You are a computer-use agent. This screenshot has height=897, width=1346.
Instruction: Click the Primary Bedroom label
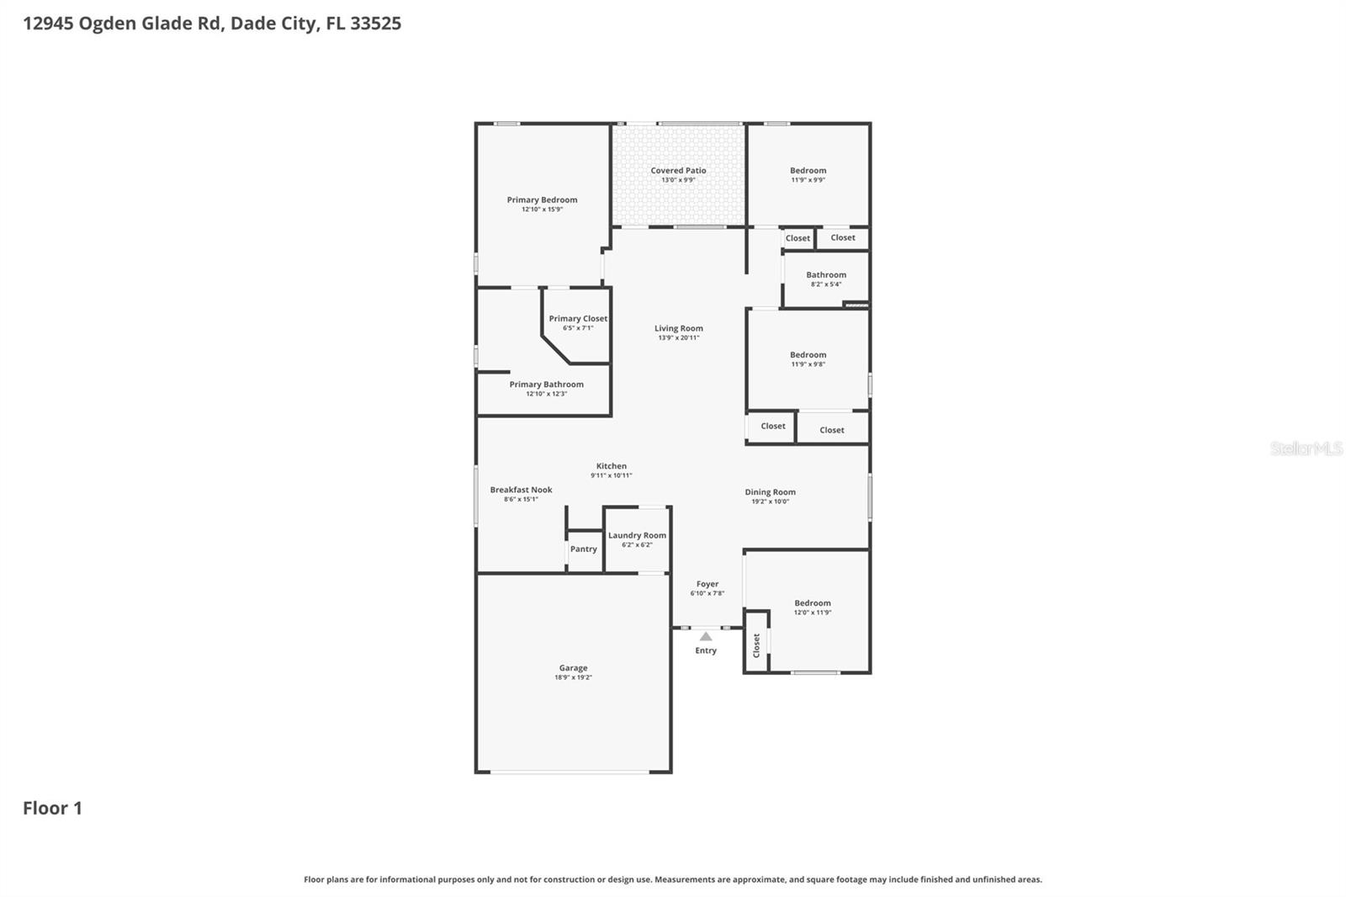tap(542, 199)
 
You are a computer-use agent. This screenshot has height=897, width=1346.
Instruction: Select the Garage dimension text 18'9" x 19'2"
tap(573, 677)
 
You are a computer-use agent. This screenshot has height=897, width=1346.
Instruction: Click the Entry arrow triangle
tap(706, 637)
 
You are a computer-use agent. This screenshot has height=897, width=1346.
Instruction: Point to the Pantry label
tap(583, 549)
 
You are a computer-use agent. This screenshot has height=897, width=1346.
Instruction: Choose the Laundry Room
tap(637, 539)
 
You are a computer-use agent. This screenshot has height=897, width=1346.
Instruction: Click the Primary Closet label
tap(578, 318)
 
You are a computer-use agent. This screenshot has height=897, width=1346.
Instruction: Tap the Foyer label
tap(707, 583)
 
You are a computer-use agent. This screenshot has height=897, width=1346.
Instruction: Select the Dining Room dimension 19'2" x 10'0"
tap(770, 502)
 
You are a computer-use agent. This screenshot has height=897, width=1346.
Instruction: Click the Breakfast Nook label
tap(521, 489)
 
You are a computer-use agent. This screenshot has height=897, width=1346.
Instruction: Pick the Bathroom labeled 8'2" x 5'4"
tap(825, 279)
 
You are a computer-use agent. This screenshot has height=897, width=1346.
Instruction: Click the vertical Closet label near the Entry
tap(756, 645)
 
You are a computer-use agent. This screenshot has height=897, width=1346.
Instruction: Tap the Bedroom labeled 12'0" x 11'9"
tap(813, 607)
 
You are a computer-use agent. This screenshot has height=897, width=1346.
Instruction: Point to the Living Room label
tap(679, 328)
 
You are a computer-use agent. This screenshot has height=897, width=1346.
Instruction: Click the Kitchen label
tap(612, 465)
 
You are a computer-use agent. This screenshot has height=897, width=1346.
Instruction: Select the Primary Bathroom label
tap(546, 384)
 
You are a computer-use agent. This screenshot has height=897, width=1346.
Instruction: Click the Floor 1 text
tap(52, 808)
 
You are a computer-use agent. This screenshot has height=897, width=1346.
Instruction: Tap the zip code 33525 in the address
tap(375, 23)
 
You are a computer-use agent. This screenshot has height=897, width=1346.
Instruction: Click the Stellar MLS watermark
tap(1306, 448)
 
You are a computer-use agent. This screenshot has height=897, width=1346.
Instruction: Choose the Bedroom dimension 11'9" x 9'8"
tap(808, 364)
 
